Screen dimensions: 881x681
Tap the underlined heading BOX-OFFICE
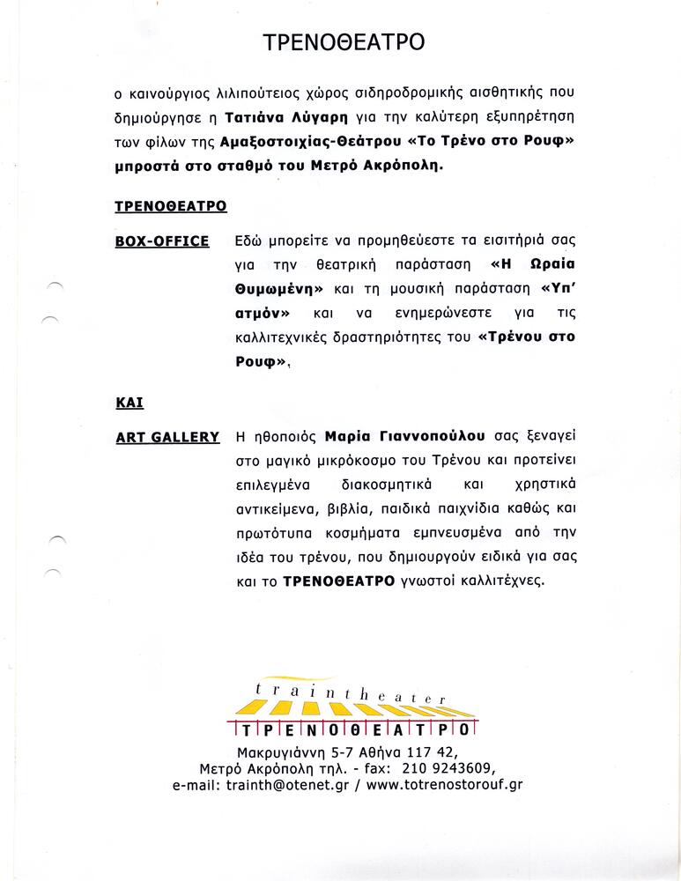pyautogui.click(x=162, y=241)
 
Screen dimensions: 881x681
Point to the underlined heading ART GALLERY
pyautogui.click(x=167, y=437)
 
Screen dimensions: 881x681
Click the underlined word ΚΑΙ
pyautogui.click(x=130, y=402)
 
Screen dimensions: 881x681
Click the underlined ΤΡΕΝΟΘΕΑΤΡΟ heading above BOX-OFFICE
pyautogui.click(x=171, y=206)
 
